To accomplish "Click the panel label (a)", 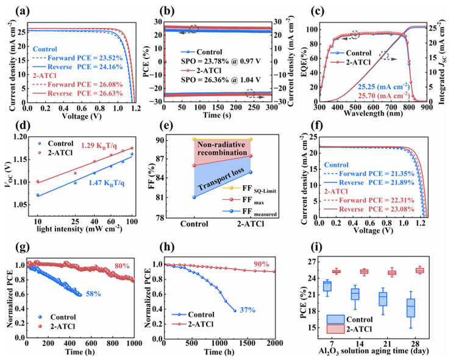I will click(x=12, y=10).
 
